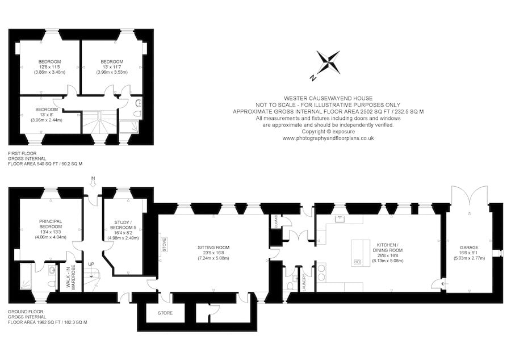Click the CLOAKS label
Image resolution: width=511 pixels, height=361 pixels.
click(275, 221)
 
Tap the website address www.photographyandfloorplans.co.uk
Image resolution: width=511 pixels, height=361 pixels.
click(328, 138)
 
